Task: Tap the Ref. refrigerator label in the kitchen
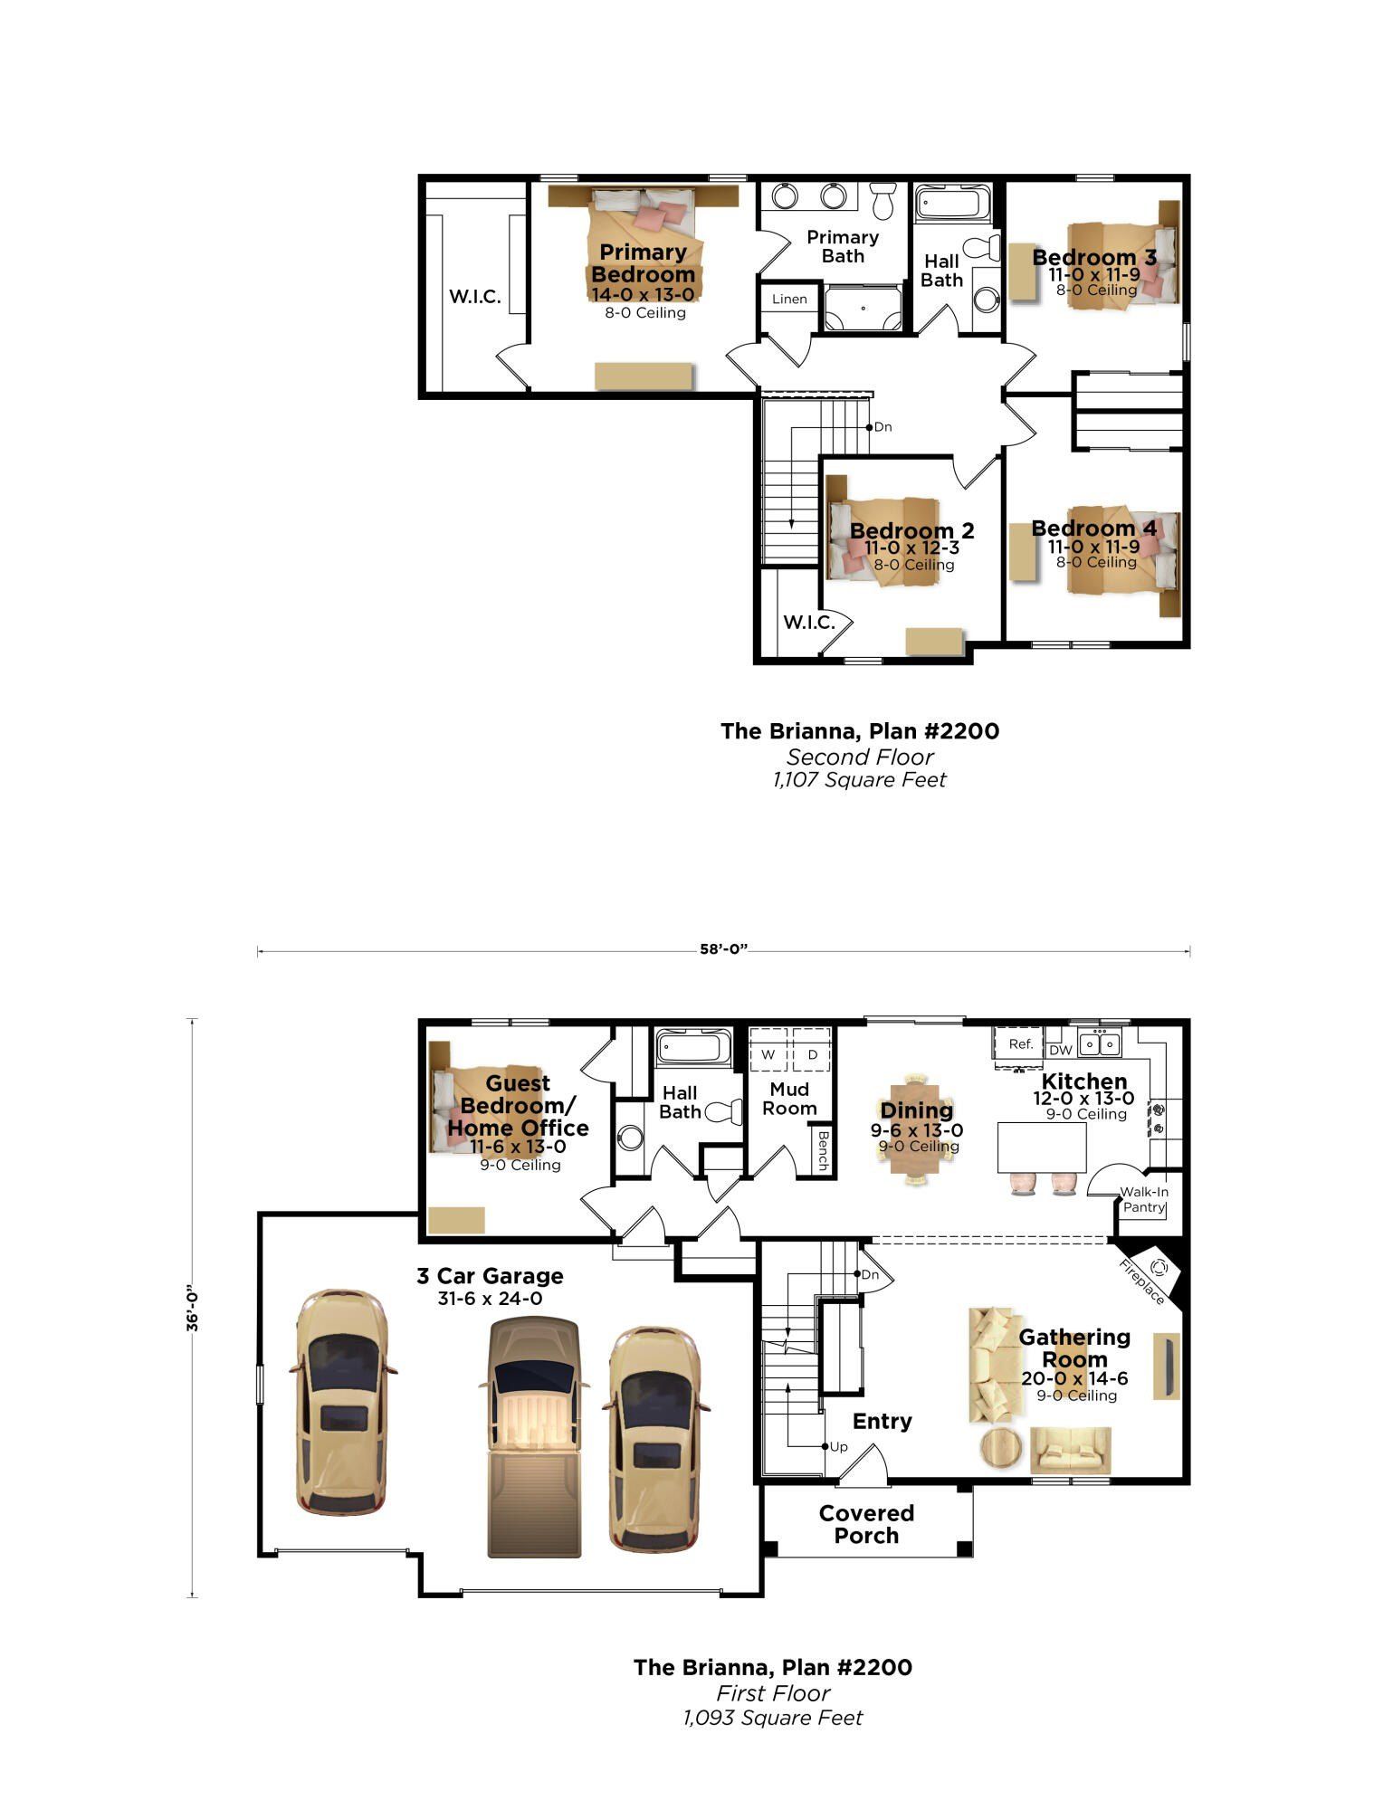(1020, 1043)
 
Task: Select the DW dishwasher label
(1060, 1050)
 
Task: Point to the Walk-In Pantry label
(1144, 1200)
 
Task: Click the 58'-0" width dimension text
(723, 949)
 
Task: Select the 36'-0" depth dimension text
(193, 1308)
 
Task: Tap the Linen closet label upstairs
(789, 299)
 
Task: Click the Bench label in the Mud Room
(822, 1150)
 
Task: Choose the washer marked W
(768, 1054)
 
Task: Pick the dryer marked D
(812, 1054)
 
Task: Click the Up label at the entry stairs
(839, 1447)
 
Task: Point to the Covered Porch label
(866, 1524)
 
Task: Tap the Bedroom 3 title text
(1093, 257)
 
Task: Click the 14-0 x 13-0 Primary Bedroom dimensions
(643, 294)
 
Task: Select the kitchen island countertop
(1042, 1147)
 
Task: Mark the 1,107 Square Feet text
(859, 780)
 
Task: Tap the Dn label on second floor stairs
(883, 427)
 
